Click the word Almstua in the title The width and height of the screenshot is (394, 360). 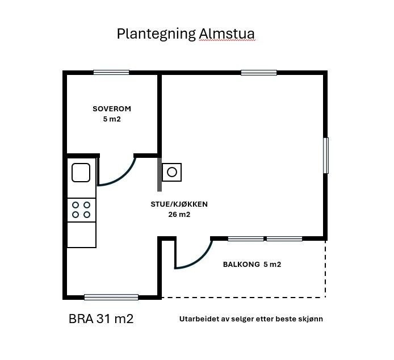[227, 34]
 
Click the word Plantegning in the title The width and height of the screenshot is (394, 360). [156, 34]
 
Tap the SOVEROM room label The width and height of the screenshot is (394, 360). [112, 108]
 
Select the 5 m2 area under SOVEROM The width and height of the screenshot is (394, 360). [112, 119]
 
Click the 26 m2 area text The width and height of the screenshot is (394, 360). [179, 215]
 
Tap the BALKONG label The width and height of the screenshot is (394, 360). [241, 265]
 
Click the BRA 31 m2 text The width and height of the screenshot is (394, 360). [101, 319]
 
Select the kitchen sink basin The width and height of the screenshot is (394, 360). [81, 172]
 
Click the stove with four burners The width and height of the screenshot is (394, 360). [81, 210]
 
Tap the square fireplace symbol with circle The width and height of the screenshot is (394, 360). [172, 171]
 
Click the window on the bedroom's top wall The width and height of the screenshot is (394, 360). [111, 72]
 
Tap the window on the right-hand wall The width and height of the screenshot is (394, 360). [326, 155]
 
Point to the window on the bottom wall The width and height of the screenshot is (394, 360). [111, 297]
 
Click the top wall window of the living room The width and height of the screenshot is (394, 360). [259, 72]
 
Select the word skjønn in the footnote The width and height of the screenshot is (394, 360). [311, 319]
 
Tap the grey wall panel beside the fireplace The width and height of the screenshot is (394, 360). [160, 174]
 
